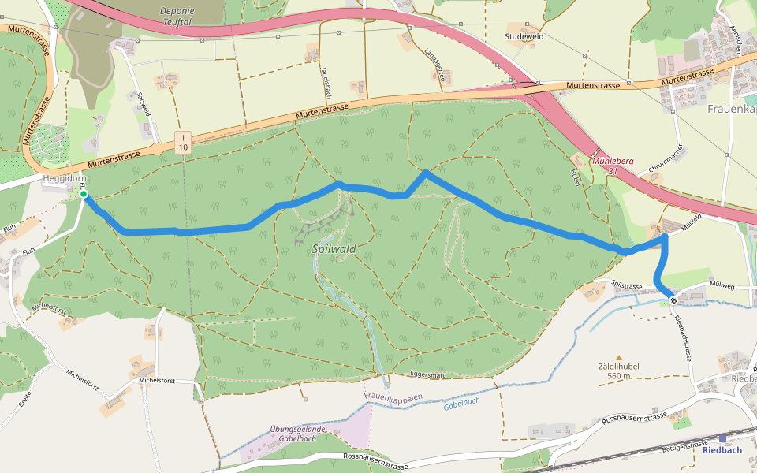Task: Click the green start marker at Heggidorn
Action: (x=84, y=194)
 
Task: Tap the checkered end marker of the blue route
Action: (x=673, y=299)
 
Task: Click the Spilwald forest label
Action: (x=334, y=248)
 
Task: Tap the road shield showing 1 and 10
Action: (x=183, y=142)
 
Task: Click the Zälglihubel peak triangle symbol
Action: (x=619, y=357)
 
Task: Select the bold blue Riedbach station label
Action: (x=722, y=450)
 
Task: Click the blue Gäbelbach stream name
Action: (x=461, y=401)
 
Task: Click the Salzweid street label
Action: (x=143, y=105)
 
